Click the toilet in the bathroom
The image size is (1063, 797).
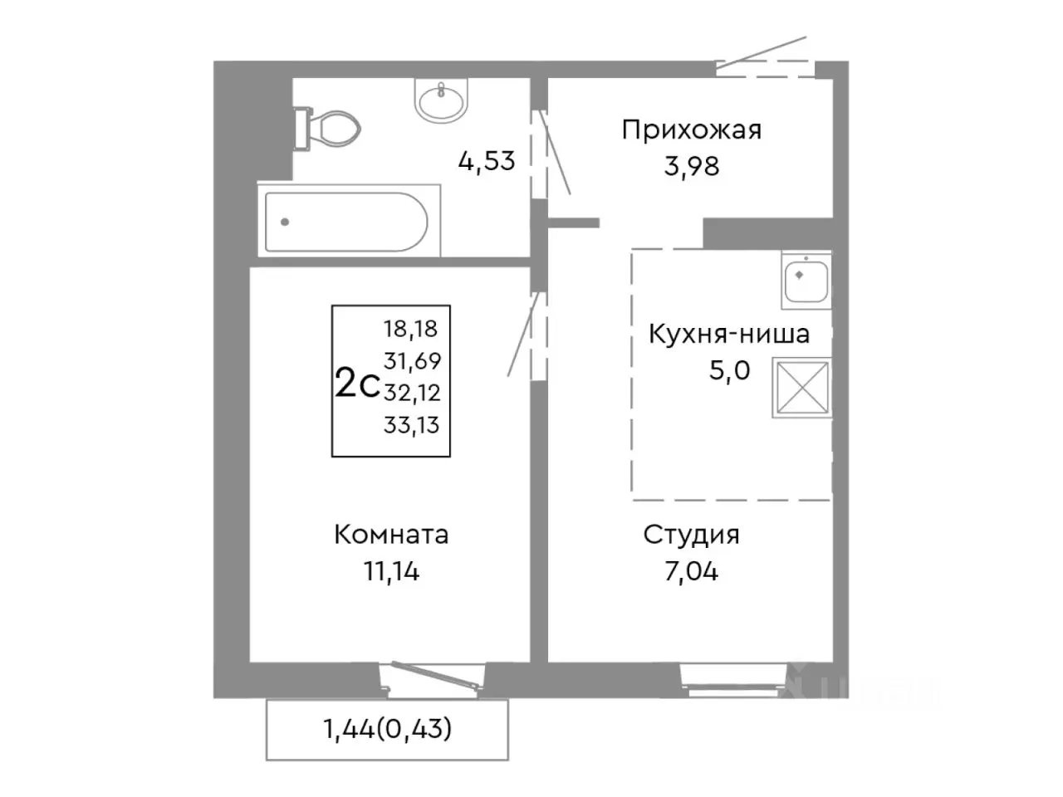pyautogui.click(x=330, y=129)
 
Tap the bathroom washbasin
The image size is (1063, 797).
pyautogui.click(x=442, y=100)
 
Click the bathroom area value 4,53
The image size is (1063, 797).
pyautogui.click(x=487, y=159)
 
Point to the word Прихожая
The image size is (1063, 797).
pyautogui.click(x=691, y=130)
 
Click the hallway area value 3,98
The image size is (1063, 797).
pyautogui.click(x=691, y=166)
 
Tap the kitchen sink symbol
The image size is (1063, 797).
pyautogui.click(x=806, y=279)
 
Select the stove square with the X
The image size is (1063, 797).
pyautogui.click(x=801, y=387)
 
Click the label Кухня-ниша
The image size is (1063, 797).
pyautogui.click(x=728, y=335)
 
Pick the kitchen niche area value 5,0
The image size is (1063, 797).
pyautogui.click(x=728, y=370)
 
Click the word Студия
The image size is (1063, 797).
pyautogui.click(x=691, y=535)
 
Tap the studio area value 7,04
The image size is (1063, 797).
pyautogui.click(x=691, y=571)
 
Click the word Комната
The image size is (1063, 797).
pyautogui.click(x=391, y=535)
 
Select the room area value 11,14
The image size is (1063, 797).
pyautogui.click(x=391, y=571)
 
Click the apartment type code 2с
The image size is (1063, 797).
pyautogui.click(x=356, y=384)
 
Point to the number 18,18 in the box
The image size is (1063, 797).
pyautogui.click(x=410, y=329)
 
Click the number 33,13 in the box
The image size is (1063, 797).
pyautogui.click(x=411, y=425)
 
